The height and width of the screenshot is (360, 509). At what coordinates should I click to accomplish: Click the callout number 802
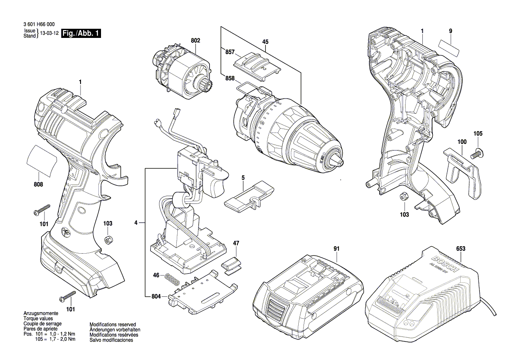[x=195, y=40]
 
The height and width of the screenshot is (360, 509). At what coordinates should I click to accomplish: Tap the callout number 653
[x=461, y=248]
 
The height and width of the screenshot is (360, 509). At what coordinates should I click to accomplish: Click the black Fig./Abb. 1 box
[x=81, y=34]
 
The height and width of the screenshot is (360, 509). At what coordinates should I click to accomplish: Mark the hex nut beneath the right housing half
[x=403, y=197]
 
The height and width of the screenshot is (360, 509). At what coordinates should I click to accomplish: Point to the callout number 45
[x=265, y=42]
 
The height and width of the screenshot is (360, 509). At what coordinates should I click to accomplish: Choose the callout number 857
[x=230, y=52]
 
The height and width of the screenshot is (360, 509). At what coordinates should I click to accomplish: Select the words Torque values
[x=37, y=319]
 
